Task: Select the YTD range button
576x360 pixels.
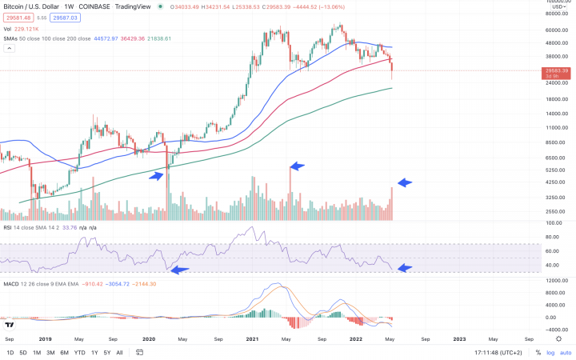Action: tap(79, 352)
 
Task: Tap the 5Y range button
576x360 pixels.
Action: tap(106, 352)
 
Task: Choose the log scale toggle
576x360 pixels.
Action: tap(550, 352)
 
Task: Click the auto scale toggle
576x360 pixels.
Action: tap(565, 352)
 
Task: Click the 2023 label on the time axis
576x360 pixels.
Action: tap(459, 338)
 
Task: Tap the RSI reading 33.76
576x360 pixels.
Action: tap(69, 227)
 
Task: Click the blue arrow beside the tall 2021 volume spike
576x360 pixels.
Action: tap(298, 166)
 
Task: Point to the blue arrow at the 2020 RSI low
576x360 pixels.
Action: tap(181, 270)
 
